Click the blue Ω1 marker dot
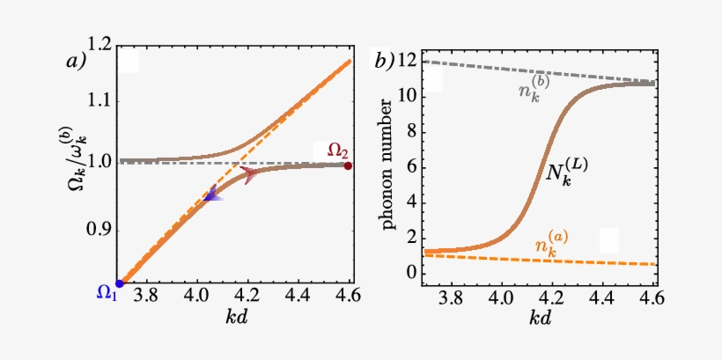[120, 283]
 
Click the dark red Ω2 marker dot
[349, 165]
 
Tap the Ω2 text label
[338, 150]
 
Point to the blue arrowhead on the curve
[212, 198]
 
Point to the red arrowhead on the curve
[248, 176]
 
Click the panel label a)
[77, 61]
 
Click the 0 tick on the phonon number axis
[408, 273]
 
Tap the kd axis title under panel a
[234, 318]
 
